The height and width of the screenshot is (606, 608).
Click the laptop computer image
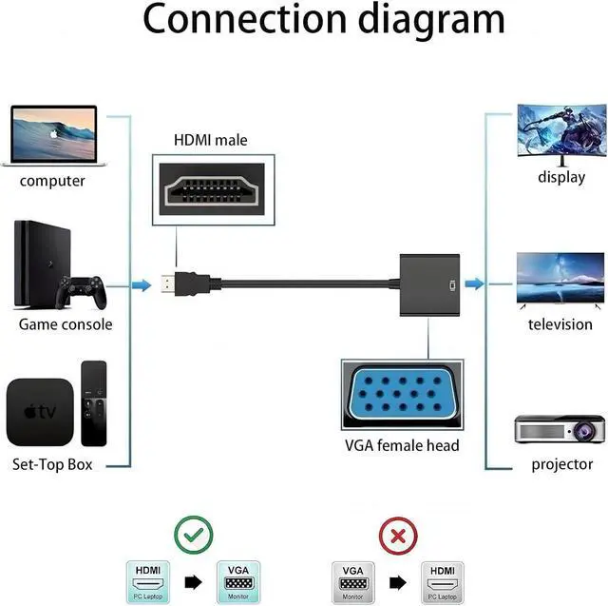tap(54, 135)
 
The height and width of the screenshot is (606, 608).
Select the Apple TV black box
tap(39, 412)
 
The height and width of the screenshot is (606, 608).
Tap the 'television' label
tap(560, 324)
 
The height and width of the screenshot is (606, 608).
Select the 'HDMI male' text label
tap(210, 140)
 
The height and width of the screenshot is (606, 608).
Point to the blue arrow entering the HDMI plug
tap(141, 284)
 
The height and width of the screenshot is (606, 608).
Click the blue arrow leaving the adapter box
tap(473, 284)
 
